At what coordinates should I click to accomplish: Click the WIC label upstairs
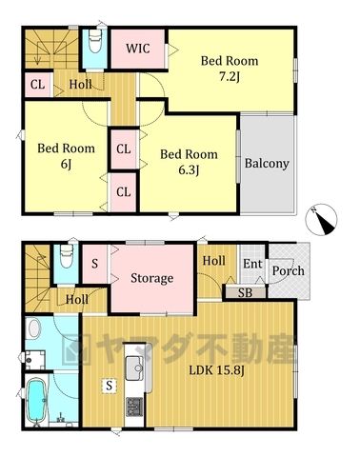pos(138,49)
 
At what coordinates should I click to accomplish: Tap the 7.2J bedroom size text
pos(230,77)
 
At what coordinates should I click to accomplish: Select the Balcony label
pos(267,164)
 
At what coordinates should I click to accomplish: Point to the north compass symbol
pos(321,220)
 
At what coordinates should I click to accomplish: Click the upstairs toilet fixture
pos(94,41)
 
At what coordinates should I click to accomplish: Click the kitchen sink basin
pos(135,368)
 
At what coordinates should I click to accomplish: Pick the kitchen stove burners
pos(134,407)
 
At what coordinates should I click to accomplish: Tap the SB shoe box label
pos(245,293)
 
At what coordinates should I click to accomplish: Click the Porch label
pos(289,270)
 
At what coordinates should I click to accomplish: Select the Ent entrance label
pos(252,264)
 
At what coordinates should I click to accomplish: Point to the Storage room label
pos(152,278)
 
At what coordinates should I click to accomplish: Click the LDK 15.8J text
pos(216,370)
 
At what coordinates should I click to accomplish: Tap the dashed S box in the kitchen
pos(110,386)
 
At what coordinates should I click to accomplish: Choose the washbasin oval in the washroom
pos(33,328)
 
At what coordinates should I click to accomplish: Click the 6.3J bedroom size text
pos(189,170)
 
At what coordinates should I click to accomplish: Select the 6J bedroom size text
pos(66,164)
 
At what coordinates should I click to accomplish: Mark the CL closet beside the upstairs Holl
pos(37,85)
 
